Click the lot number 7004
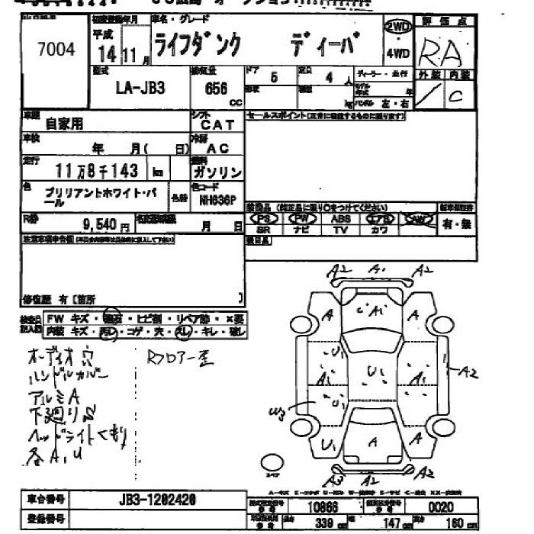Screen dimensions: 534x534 pos(56,50)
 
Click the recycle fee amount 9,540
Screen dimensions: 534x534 pos(100,225)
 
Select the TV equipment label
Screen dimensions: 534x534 pos(341,230)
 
